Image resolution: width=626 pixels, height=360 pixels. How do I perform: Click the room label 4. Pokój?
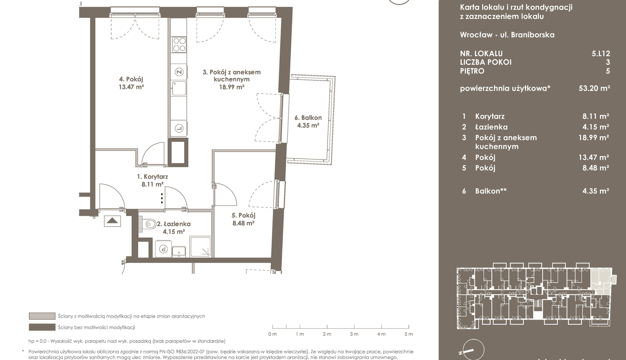[131, 79]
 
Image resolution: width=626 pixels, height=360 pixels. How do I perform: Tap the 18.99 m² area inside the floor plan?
[232, 87]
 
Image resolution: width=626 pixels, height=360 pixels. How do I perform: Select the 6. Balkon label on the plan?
[308, 118]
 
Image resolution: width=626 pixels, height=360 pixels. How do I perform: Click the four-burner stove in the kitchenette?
[179, 45]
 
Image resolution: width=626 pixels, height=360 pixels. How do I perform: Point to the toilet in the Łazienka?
[150, 224]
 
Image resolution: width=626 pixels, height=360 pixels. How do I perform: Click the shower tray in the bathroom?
[201, 247]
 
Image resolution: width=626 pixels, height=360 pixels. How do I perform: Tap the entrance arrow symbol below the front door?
[112, 221]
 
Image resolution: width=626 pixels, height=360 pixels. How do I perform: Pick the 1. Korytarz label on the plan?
[152, 177]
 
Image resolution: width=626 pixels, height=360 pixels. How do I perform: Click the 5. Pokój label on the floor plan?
[243, 216]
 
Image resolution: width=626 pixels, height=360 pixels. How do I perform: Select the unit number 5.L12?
[601, 54]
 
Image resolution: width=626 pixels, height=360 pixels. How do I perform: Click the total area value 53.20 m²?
[594, 88]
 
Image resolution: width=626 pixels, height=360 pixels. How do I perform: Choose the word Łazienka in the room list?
[491, 127]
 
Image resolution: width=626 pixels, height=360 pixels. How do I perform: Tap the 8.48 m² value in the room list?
[596, 168]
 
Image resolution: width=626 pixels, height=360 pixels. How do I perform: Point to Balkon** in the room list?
[491, 191]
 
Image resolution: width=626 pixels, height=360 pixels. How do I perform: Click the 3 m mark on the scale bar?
[354, 334]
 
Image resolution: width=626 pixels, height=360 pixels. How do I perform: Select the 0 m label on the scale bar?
[272, 334]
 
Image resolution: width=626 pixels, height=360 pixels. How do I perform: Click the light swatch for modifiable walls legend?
[42, 316]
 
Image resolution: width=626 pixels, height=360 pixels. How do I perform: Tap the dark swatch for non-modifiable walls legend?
[42, 327]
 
